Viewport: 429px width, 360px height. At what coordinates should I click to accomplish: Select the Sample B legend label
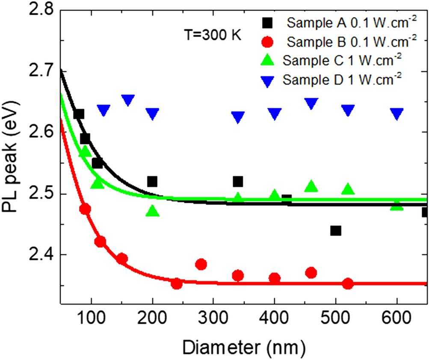coord(352,42)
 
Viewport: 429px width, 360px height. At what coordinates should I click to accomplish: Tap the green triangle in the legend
coord(267,60)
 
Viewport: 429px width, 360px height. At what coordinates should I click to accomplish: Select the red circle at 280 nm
coord(201,264)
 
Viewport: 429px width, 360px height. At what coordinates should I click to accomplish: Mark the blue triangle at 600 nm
coord(397,114)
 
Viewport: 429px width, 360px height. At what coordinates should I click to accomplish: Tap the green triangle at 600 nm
coord(397,206)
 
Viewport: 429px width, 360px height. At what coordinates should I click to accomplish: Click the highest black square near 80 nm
coord(79,114)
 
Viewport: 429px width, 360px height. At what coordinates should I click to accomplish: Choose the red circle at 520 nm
coord(348,283)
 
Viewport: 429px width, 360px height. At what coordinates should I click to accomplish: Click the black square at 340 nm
coord(238,182)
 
